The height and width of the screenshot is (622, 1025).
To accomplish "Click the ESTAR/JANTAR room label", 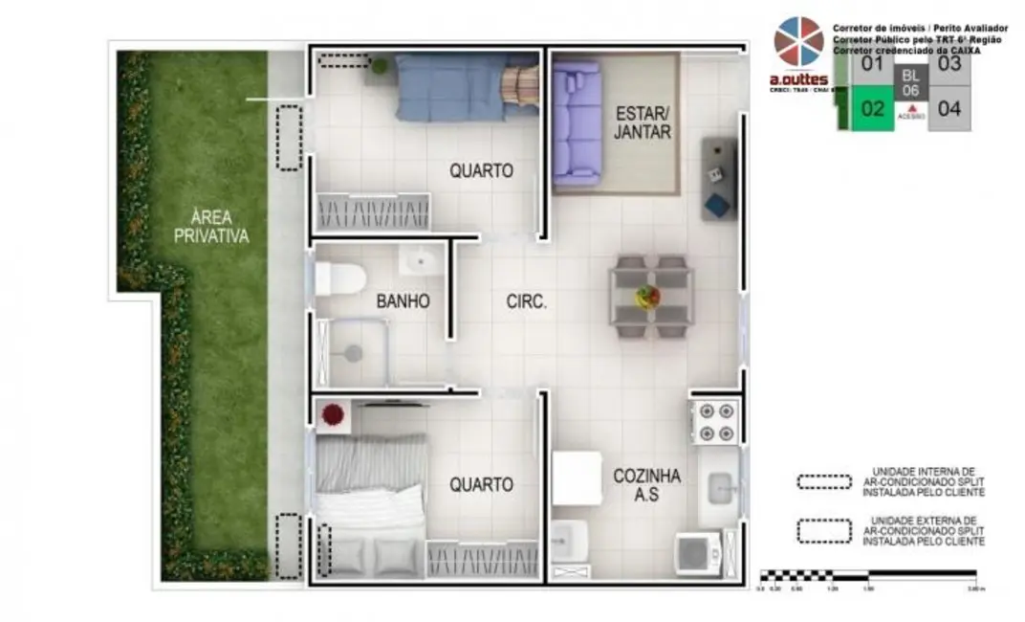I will (643, 121).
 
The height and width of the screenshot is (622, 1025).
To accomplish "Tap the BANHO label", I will (403, 301).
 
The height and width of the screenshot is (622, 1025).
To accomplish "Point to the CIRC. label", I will (526, 301).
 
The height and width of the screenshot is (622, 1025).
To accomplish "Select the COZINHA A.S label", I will (647, 485).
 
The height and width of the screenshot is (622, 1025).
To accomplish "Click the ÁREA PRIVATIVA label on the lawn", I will (211, 226).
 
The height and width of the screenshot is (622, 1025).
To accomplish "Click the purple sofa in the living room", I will (576, 122).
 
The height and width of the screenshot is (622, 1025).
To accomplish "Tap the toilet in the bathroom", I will (339, 278).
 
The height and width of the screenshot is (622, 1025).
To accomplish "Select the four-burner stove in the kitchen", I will (715, 421).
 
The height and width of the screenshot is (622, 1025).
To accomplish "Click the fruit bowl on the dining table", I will (648, 296).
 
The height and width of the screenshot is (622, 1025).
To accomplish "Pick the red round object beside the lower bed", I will (333, 415).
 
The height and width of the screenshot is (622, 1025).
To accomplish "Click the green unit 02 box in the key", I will (871, 108).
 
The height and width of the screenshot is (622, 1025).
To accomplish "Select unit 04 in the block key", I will (949, 108).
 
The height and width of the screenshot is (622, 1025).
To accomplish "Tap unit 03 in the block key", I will (949, 64).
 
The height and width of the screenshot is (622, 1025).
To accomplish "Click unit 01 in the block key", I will (871, 64).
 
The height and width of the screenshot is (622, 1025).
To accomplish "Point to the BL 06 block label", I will (910, 82).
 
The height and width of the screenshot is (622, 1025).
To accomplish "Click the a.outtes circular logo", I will (798, 43).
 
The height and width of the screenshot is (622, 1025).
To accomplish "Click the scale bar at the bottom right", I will (867, 576).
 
